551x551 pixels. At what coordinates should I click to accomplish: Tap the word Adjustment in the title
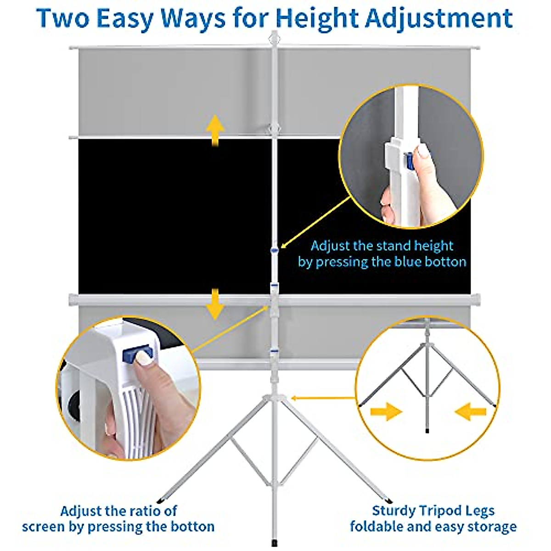click(x=439, y=19)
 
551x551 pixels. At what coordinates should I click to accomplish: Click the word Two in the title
click(x=63, y=18)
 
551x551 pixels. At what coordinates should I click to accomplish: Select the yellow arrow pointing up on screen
click(x=215, y=131)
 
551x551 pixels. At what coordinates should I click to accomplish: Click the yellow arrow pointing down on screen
click(x=215, y=304)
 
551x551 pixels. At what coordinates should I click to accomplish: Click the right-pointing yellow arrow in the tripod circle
click(x=386, y=412)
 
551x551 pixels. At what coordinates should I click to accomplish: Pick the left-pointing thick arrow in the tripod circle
click(x=470, y=412)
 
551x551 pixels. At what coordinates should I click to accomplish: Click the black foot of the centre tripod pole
click(x=275, y=542)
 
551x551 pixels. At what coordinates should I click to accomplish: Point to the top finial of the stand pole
click(x=275, y=37)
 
